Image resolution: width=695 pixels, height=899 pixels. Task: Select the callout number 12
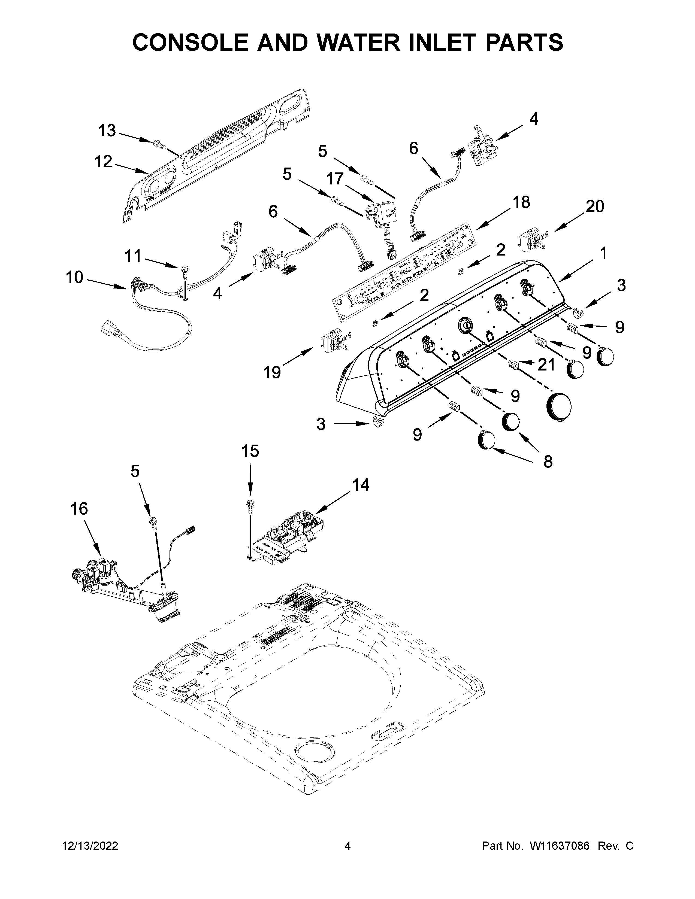click(103, 162)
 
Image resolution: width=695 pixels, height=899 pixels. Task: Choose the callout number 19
click(272, 372)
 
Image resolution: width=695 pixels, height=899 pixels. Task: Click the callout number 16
click(79, 509)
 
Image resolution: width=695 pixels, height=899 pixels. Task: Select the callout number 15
click(250, 451)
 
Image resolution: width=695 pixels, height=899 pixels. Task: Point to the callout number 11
click(132, 256)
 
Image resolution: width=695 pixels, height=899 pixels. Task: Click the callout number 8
click(548, 462)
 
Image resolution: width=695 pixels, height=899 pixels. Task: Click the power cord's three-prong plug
click(110, 329)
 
